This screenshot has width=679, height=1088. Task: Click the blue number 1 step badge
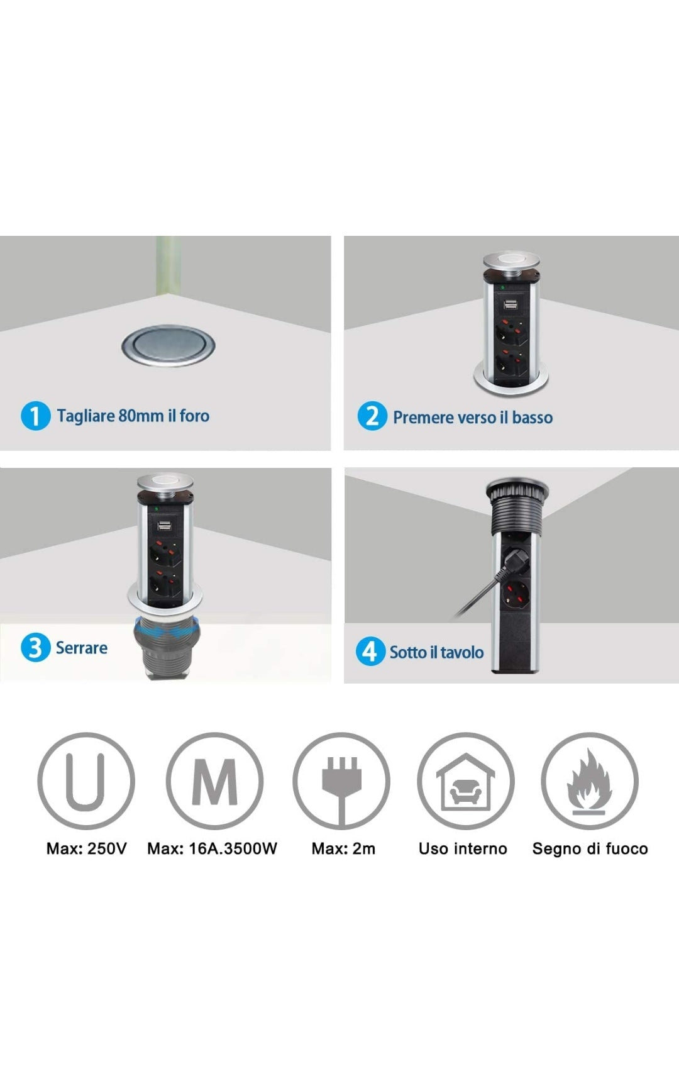coord(35,416)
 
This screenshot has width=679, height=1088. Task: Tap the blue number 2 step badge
coord(372,416)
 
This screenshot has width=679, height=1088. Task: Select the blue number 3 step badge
coord(35,648)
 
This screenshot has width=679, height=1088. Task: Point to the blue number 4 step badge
coord(370,652)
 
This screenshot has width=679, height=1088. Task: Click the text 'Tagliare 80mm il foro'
coord(133,416)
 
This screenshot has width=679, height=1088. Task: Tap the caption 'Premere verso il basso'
coord(473,418)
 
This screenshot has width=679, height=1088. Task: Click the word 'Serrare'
coord(82,648)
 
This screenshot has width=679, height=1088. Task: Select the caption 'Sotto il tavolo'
coord(436,652)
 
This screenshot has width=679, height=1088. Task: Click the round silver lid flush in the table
coord(168,345)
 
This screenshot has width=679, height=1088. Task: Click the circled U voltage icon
coord(86,780)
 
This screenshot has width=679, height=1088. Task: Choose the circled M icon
coord(214,780)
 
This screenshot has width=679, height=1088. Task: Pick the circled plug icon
coord(341,780)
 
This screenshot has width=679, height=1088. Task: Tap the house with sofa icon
coord(466,780)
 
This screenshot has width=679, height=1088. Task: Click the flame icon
coord(590,780)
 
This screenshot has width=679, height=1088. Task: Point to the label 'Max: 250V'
coord(87,848)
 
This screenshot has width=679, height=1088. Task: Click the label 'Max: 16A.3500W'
coord(213,848)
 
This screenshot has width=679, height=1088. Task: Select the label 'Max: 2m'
coord(343,848)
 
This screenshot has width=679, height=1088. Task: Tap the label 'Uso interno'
coord(463,848)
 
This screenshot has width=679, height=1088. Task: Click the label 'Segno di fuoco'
coord(590,848)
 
